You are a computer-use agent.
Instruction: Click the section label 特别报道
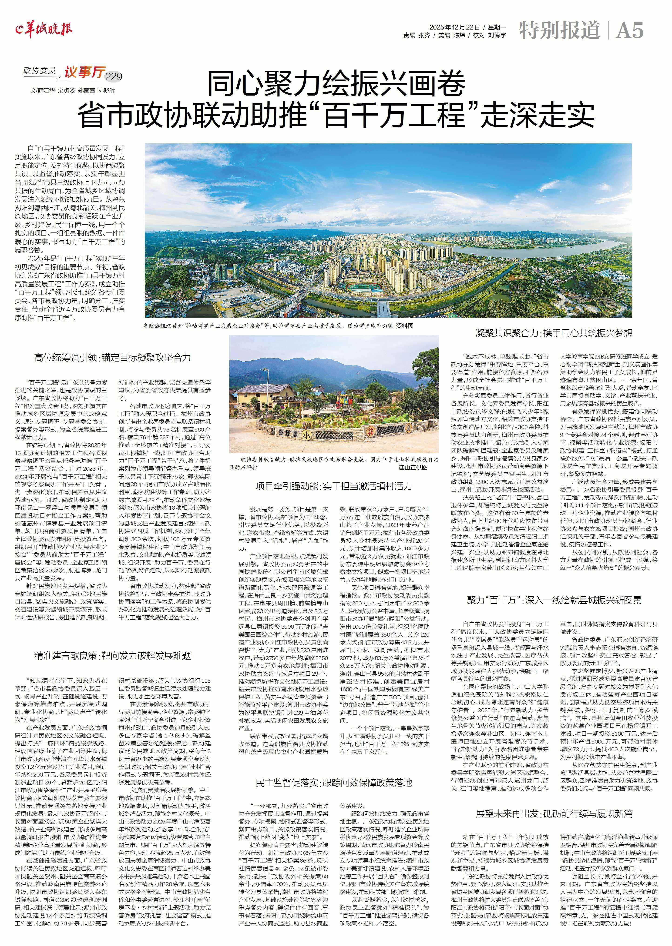click(559, 30)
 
